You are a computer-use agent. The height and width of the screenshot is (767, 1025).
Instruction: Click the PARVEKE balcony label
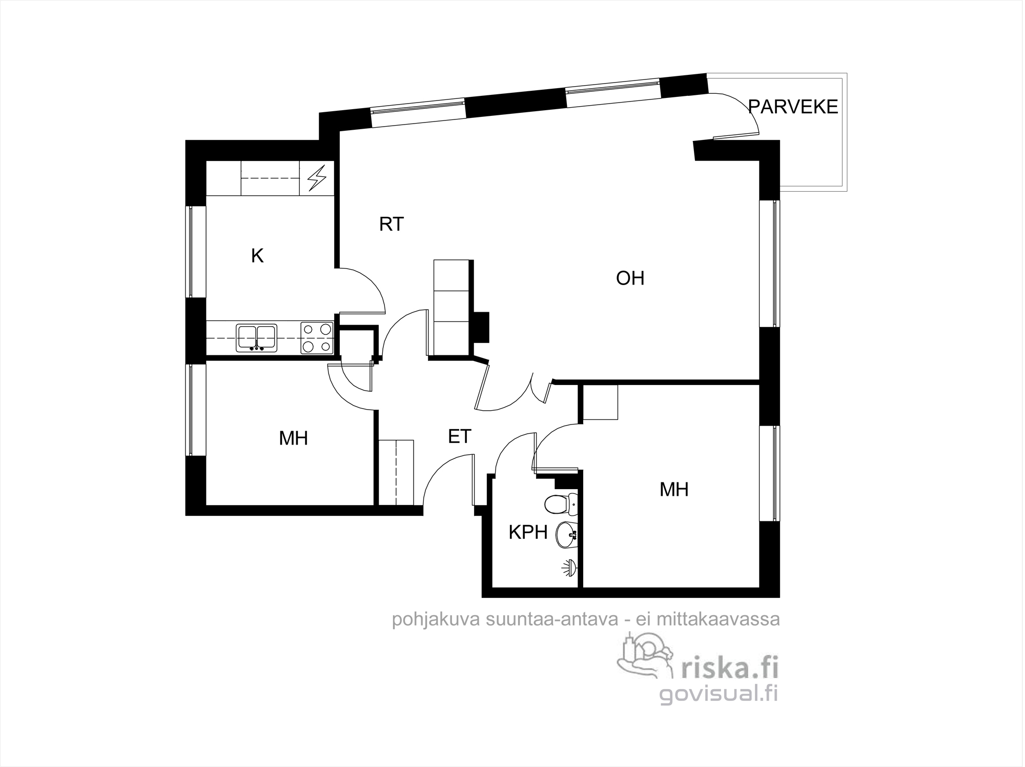(793, 107)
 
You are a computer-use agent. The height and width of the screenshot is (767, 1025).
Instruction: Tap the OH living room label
(630, 278)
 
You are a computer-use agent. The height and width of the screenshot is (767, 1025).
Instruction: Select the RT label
(392, 224)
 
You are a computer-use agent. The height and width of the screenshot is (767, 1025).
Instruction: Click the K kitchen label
(257, 255)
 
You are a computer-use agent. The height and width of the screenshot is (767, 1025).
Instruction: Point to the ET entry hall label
(459, 436)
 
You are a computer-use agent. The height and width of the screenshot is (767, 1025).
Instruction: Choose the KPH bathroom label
(528, 533)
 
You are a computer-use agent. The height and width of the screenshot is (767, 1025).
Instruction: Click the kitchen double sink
(256, 338)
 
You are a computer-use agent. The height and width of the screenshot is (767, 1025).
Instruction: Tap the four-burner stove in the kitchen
(316, 338)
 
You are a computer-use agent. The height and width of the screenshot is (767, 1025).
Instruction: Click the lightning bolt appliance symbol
(317, 178)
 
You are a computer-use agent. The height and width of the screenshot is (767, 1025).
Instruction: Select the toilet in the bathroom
(561, 504)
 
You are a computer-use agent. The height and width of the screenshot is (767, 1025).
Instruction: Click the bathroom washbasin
(567, 534)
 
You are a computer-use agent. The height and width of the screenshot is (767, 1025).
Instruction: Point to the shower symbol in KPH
(570, 568)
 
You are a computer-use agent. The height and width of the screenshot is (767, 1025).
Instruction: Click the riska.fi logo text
(729, 669)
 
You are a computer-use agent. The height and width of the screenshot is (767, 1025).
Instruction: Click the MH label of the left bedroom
(293, 438)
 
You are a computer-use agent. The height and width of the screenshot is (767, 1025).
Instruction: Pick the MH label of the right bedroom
(674, 490)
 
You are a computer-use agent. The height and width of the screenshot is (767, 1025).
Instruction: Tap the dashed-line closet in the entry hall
(396, 472)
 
